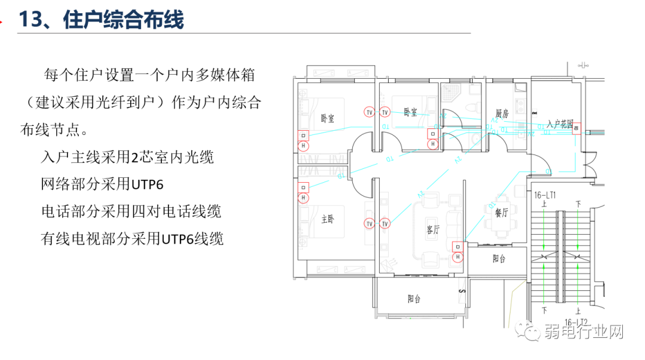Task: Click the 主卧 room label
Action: tap(328, 220)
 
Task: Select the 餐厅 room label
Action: tap(501, 213)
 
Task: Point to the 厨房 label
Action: tap(502, 113)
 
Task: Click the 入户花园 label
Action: tap(559, 124)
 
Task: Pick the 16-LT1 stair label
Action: tap(544, 195)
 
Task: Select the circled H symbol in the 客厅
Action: tap(457, 257)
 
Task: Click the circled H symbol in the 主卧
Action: tap(303, 198)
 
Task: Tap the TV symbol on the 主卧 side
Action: tap(370, 224)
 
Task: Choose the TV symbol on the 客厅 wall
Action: tap(385, 224)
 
